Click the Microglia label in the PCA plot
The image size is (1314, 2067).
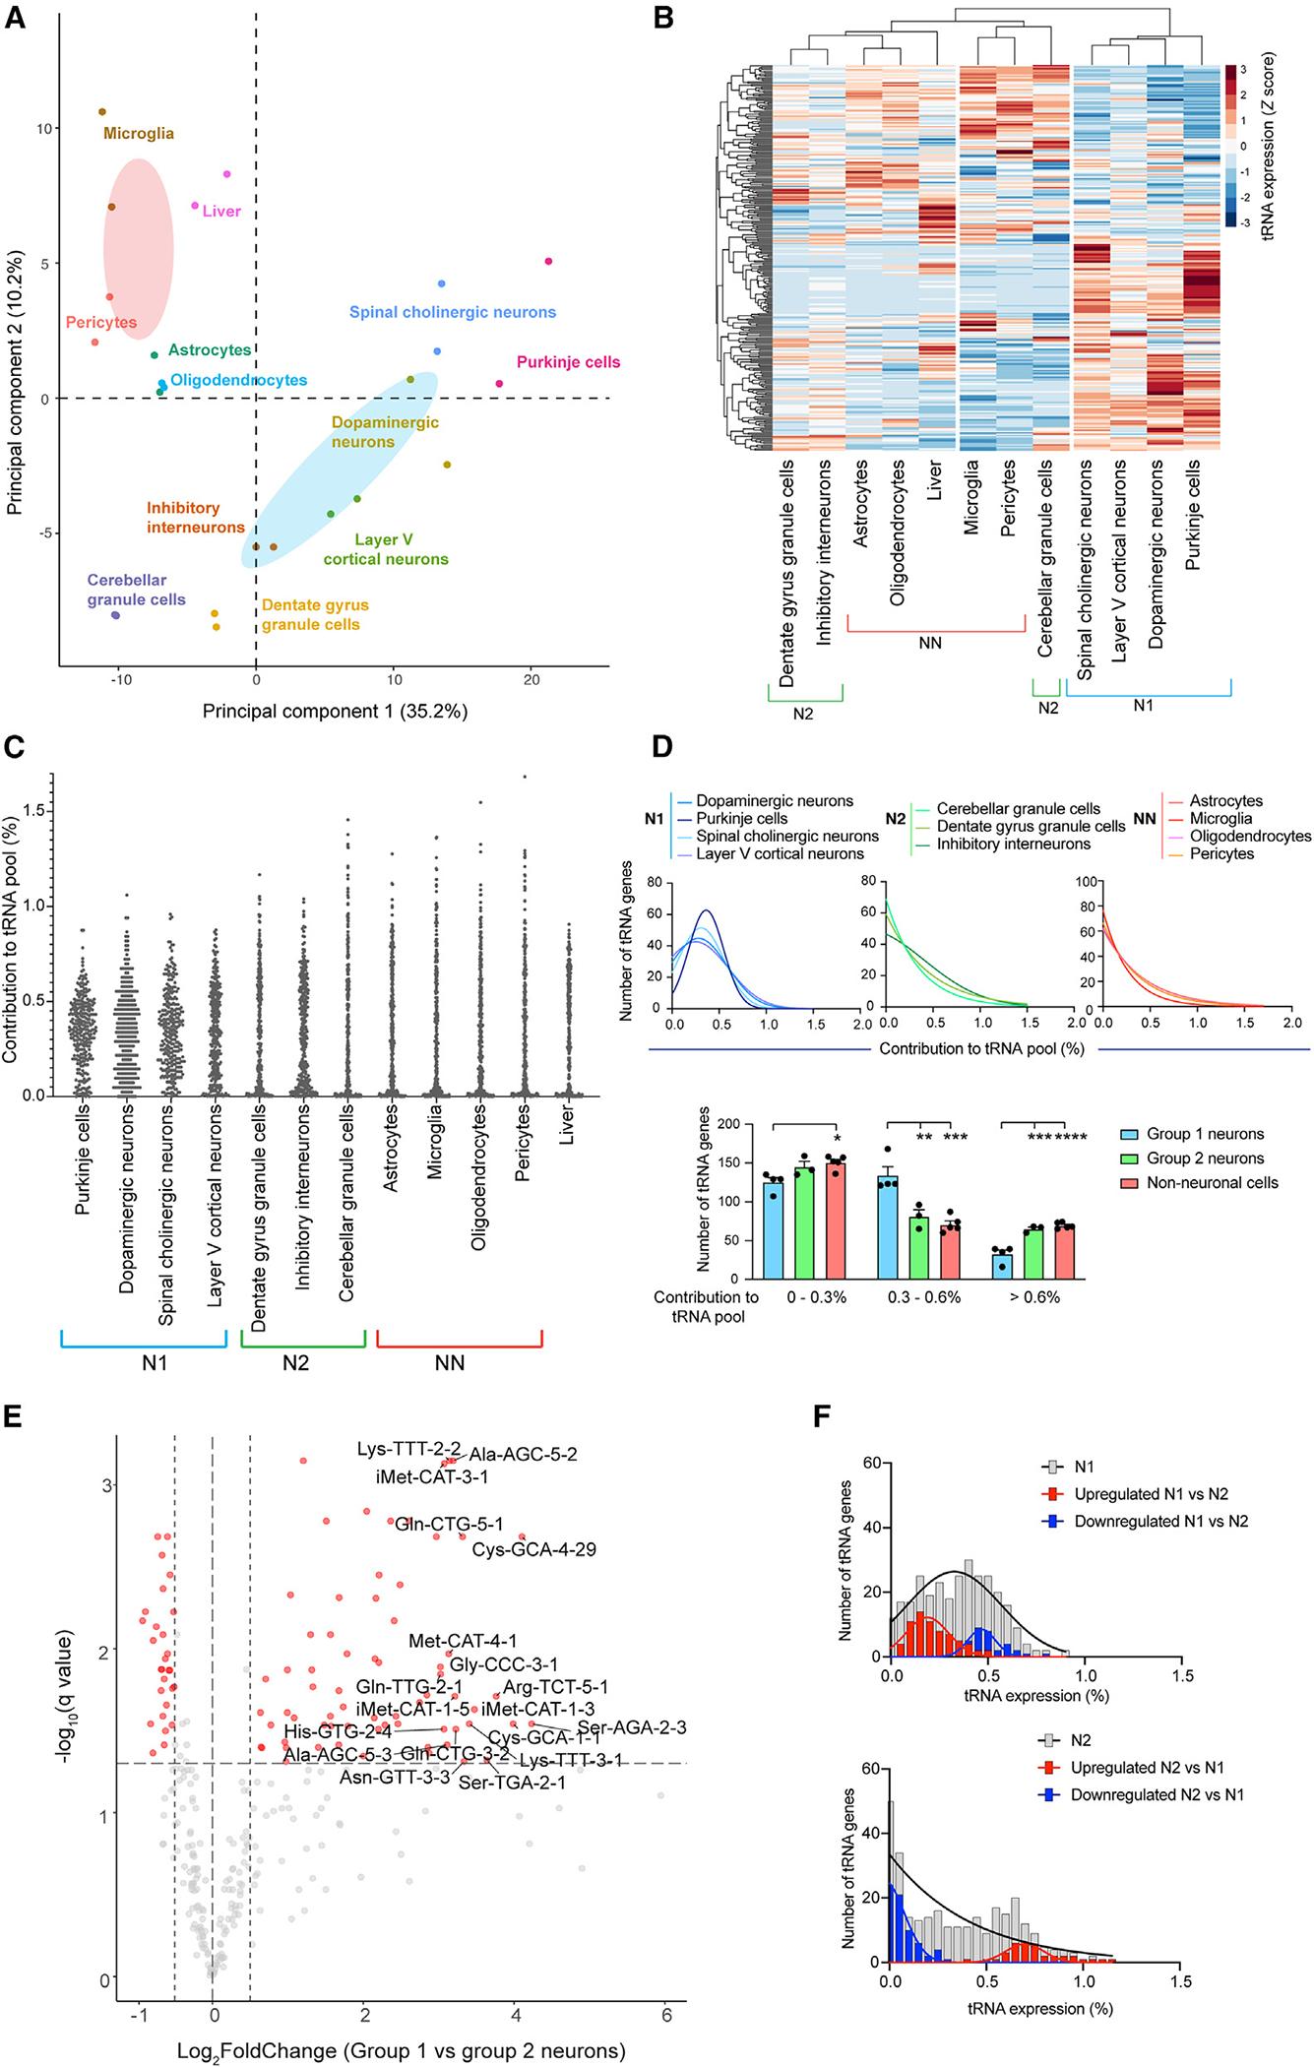coord(139,133)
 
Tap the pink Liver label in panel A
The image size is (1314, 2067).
coord(221,211)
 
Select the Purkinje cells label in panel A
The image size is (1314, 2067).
coord(569,362)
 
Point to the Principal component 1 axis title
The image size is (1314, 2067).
coord(335,711)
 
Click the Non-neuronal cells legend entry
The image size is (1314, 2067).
coord(1212,1182)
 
